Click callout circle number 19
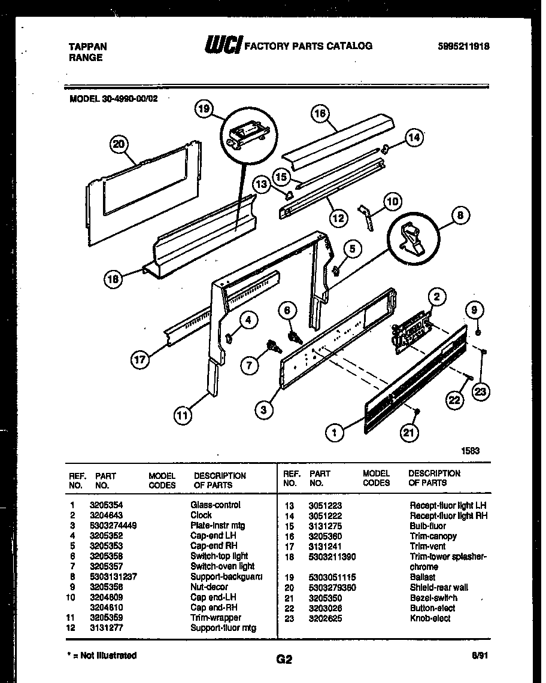pyautogui.click(x=205, y=109)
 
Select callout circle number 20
pyautogui.click(x=120, y=144)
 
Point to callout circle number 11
pyautogui.click(x=184, y=414)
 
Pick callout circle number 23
pyautogui.click(x=481, y=391)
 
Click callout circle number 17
pyautogui.click(x=139, y=360)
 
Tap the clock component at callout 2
pyautogui.click(x=412, y=329)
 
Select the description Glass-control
pyautogui.click(x=216, y=505)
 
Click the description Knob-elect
pyautogui.click(x=430, y=618)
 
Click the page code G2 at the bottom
pyautogui.click(x=284, y=660)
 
